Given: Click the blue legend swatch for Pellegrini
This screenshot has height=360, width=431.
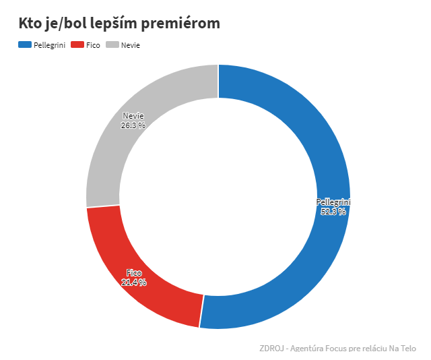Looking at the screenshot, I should coord(25,44).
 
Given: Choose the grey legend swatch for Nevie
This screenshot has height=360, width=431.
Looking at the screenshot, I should coord(112,44).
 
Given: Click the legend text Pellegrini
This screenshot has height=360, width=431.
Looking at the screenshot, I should coord(49,45).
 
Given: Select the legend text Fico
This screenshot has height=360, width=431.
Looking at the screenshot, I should coord(94,45).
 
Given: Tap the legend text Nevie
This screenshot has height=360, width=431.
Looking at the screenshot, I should coord(131,45).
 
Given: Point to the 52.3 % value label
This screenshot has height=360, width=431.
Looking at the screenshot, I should coord(333,211).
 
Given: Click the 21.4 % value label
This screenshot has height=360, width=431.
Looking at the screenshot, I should coord(134,282).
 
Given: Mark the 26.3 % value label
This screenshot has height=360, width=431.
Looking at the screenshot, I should coord(133,125).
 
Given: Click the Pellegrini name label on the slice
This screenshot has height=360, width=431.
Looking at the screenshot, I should coord(333,202).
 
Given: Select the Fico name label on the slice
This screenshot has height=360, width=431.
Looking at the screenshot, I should coord(134,273).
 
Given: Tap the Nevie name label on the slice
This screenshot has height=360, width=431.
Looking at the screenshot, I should coord(133,116).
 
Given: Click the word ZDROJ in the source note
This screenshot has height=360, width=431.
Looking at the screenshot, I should coord(271,349).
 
